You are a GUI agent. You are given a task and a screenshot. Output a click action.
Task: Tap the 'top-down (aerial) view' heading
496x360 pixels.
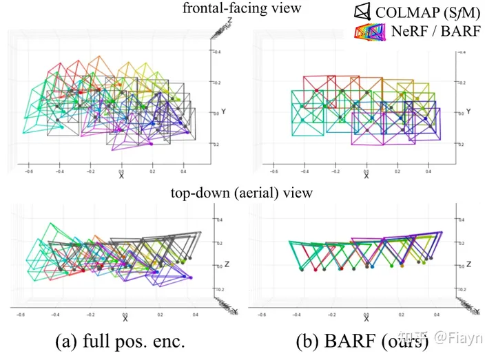pos(242,193)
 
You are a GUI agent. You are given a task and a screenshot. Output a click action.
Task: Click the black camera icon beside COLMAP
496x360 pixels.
pos(362,12)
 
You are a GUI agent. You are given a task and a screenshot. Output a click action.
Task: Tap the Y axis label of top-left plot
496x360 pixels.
pos(227,112)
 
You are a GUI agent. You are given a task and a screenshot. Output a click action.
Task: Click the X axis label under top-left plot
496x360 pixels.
pos(122,176)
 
